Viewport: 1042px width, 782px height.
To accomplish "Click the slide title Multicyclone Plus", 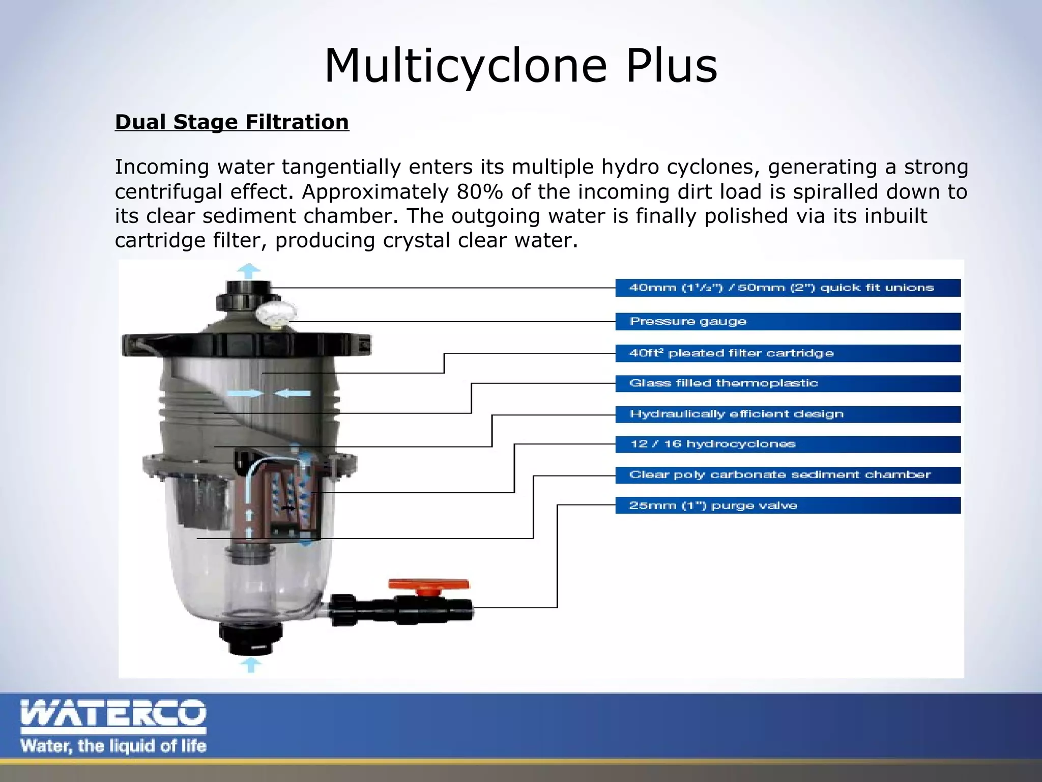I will click(520, 66).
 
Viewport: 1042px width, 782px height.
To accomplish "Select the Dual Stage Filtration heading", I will click(232, 122).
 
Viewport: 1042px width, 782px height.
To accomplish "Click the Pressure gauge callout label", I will click(688, 321).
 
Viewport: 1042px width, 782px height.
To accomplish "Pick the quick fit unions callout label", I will click(781, 288).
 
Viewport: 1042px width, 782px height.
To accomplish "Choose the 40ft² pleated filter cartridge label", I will click(731, 353).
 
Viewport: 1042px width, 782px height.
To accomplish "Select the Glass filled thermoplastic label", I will click(723, 383).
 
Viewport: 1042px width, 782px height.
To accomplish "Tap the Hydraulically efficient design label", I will click(736, 413).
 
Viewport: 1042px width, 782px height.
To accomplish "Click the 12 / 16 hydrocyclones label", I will click(712, 444).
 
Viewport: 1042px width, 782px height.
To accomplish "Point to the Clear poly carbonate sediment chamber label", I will click(779, 474).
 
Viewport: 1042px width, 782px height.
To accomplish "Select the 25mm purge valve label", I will click(713, 506).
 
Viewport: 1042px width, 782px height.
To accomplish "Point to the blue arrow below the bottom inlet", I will click(250, 664).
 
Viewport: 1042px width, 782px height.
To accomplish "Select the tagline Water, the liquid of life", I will click(113, 746).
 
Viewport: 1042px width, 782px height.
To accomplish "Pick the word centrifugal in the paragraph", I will click(204, 192).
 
